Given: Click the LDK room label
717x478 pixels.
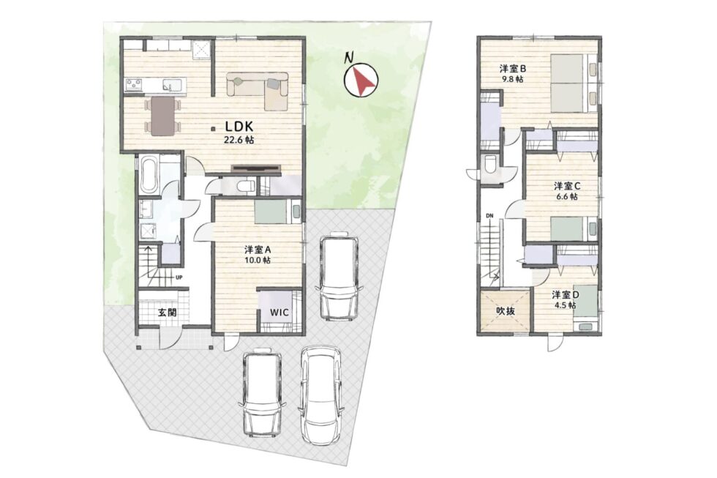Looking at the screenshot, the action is [x=239, y=126].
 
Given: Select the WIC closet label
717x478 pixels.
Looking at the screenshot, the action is [x=279, y=313].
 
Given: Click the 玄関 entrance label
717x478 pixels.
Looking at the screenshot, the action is [x=168, y=313].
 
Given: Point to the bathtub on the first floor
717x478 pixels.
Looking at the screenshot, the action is [x=149, y=174].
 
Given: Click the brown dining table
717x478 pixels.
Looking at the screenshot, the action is [x=162, y=116].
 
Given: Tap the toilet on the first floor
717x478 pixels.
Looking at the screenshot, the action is [x=247, y=186].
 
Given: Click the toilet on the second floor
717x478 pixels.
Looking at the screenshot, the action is [x=489, y=164].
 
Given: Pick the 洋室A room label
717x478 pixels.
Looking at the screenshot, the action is [x=258, y=250].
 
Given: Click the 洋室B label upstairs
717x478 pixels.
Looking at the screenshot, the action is [x=513, y=69].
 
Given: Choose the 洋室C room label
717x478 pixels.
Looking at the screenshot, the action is [x=567, y=186].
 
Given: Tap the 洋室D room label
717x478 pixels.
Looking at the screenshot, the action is [x=565, y=295].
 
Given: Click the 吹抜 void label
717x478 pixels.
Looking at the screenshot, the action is [x=506, y=310].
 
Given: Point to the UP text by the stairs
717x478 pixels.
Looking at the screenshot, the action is [x=179, y=277].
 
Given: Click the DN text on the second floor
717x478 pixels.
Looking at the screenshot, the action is [x=489, y=215].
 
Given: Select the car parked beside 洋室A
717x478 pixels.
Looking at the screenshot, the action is [x=339, y=277].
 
